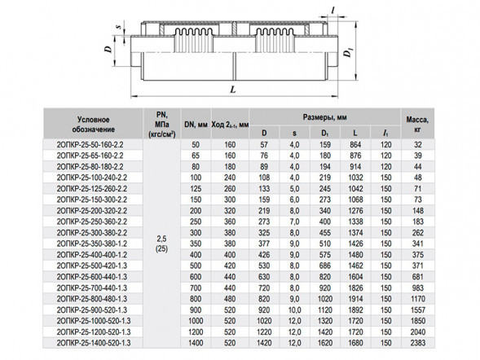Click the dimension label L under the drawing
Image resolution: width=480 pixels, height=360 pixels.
(233, 90)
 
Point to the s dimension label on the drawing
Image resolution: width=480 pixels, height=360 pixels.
(119, 27)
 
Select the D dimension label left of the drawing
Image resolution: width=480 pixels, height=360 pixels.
(108, 49)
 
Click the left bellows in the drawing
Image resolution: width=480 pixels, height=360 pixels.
(193, 40)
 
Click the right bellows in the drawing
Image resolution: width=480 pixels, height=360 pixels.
(275, 40)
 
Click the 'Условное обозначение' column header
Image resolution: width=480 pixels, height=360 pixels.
(94, 124)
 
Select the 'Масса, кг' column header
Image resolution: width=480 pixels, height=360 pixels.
(417, 124)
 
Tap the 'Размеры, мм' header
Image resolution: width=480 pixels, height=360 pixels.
(325, 117)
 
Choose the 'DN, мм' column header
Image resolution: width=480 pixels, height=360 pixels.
(196, 125)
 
